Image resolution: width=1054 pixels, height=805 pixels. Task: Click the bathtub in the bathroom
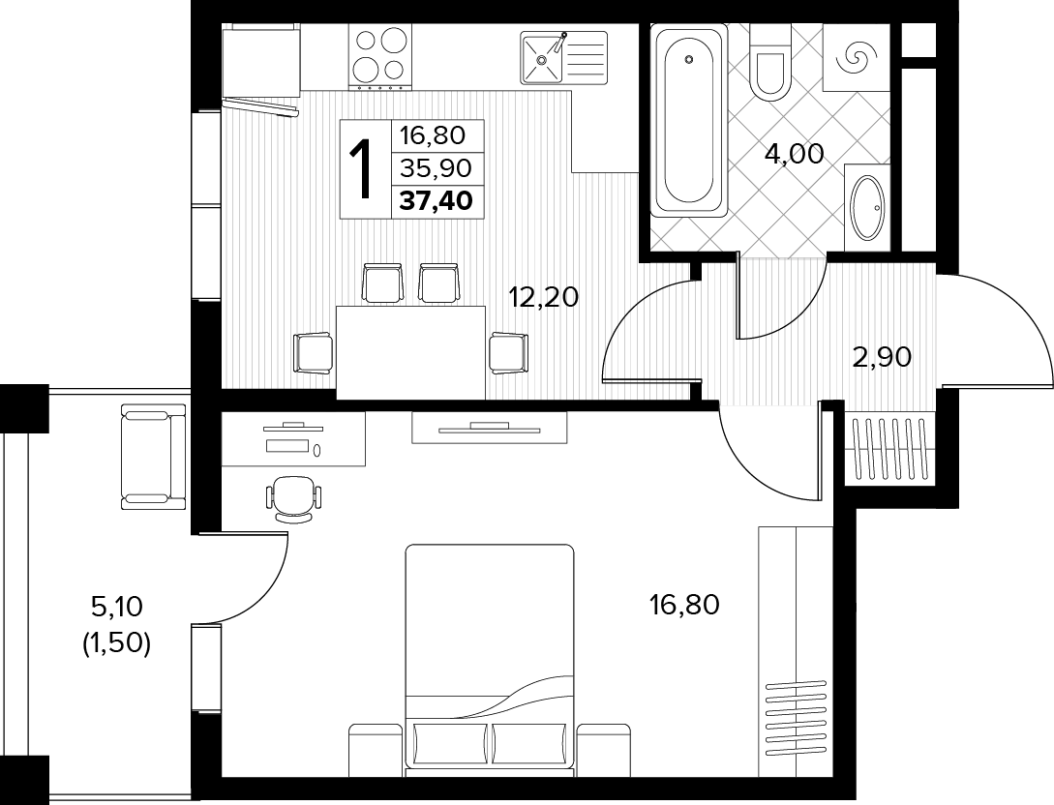click(689, 120)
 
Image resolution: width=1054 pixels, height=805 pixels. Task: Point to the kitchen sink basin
click(542, 58)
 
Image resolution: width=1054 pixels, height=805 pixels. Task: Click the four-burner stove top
click(379, 56)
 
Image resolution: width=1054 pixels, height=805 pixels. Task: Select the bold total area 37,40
click(437, 200)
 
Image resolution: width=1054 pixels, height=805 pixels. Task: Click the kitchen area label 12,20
click(544, 296)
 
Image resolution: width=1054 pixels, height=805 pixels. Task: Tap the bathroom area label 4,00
click(794, 154)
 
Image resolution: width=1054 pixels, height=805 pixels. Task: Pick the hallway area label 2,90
click(882, 357)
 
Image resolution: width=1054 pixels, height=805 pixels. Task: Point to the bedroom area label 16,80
click(684, 605)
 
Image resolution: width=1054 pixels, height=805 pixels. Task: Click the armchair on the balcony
click(153, 457)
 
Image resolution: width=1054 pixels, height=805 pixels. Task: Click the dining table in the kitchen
click(410, 352)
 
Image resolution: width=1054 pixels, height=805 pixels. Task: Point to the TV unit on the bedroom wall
click(490, 428)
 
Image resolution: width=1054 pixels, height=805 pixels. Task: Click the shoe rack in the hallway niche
click(888, 450)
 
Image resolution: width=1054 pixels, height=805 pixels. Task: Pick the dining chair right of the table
click(509, 353)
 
